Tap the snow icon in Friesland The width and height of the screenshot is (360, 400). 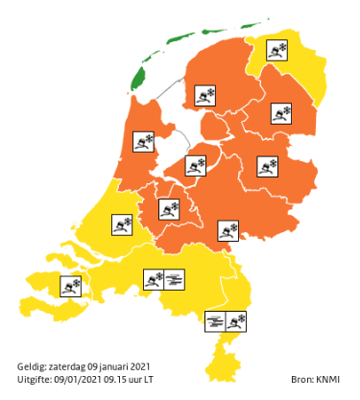point(205,95)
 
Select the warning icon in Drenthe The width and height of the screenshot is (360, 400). point(281,115)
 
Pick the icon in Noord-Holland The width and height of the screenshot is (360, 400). point(144,142)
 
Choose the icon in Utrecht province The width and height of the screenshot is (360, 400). point(172,207)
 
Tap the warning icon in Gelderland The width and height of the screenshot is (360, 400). point(229,229)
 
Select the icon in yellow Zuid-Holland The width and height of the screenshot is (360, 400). point(123,225)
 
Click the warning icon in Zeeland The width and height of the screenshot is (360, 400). point(71,285)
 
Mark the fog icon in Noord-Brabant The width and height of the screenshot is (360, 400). point(176,279)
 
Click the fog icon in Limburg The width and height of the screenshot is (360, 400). point(216,320)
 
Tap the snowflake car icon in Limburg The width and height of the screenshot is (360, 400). point(237,320)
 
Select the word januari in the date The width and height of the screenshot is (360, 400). point(130,366)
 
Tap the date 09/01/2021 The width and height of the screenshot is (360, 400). point(74,379)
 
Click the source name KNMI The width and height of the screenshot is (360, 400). point(329,380)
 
